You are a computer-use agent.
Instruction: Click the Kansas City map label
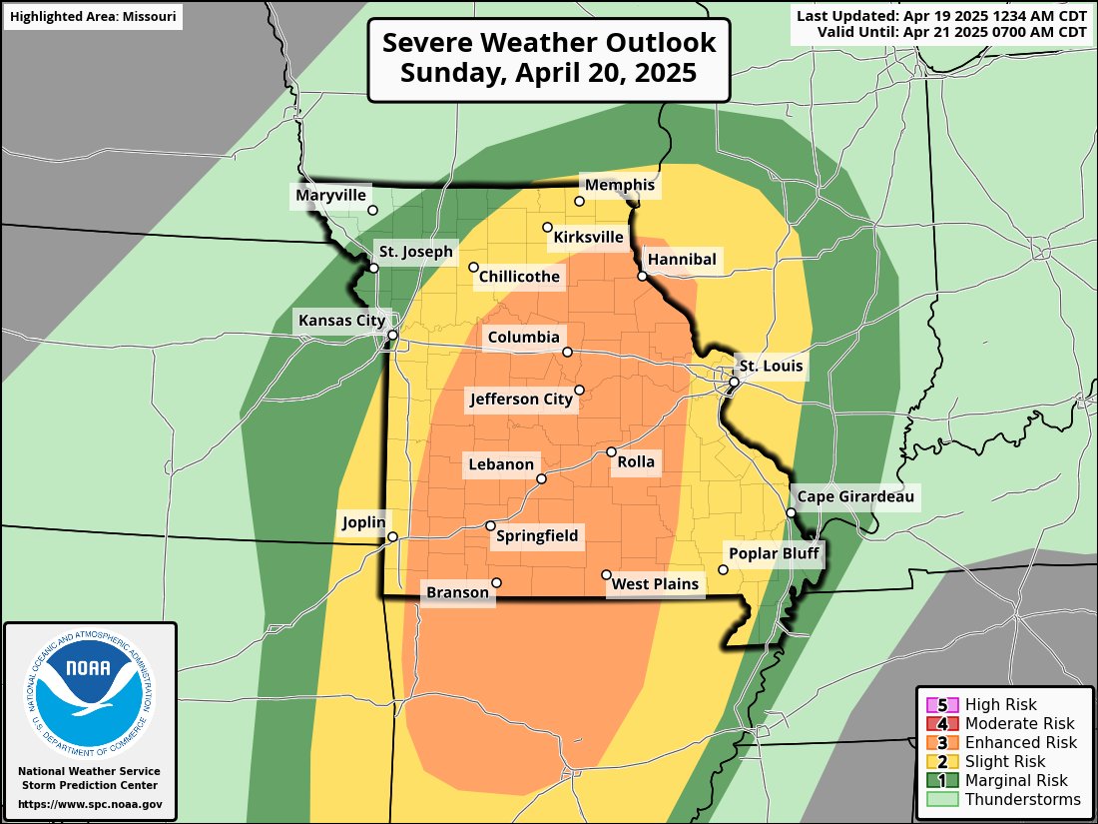click(339, 321)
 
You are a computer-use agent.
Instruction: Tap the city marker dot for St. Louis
click(734, 383)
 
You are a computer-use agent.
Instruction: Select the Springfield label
click(537, 536)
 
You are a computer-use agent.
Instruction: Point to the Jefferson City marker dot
click(579, 390)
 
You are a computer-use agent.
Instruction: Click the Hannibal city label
click(682, 260)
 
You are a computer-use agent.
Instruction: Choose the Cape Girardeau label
click(853, 496)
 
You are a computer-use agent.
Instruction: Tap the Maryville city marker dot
click(373, 210)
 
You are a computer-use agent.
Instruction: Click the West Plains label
click(656, 583)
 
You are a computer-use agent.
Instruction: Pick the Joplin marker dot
click(392, 536)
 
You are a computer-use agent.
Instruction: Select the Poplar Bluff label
click(774, 554)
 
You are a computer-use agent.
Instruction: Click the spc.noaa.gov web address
click(90, 804)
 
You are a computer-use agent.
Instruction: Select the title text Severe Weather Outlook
click(549, 44)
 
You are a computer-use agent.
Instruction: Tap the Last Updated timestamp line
click(941, 15)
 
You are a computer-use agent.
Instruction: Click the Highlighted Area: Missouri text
click(92, 17)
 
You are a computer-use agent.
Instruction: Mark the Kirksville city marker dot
click(547, 227)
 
